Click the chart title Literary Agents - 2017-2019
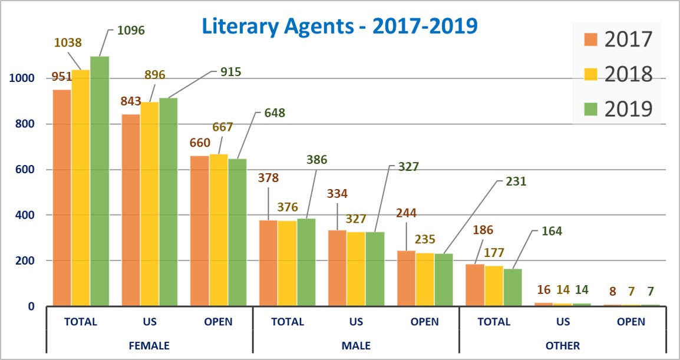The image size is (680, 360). (x=339, y=26)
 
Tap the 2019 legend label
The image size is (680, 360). (x=628, y=108)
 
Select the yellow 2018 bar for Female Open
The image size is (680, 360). (x=219, y=230)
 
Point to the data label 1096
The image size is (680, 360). (x=130, y=29)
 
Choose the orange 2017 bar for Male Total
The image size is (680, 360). (x=268, y=263)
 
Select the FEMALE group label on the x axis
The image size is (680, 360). (x=149, y=345)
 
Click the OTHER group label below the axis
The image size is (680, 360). (x=563, y=345)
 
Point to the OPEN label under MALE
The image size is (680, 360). (x=425, y=322)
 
